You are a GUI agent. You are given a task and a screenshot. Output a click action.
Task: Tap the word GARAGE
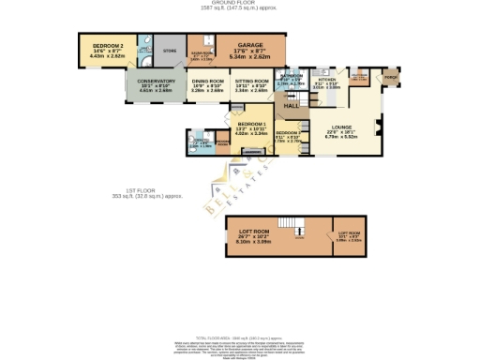coord(249,44)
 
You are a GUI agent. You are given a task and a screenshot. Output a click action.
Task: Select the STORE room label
coord(170,51)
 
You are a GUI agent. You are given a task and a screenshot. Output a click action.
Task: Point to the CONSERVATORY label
coord(157,82)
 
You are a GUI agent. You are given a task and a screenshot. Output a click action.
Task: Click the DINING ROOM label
coord(207,82)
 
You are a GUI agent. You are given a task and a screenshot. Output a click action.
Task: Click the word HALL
coord(292,107)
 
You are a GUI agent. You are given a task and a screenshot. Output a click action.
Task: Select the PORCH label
coord(390,79)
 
